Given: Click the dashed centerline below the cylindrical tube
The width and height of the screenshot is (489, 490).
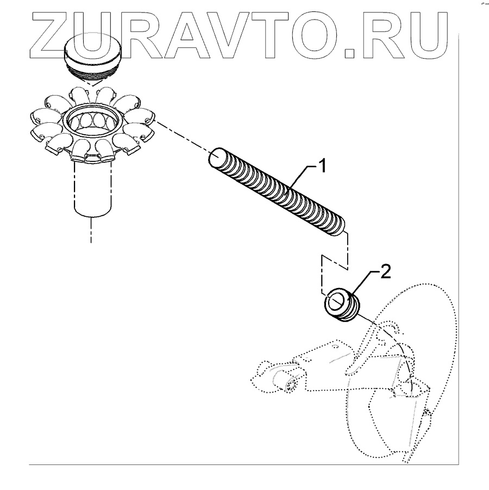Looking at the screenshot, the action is click(x=91, y=231).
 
